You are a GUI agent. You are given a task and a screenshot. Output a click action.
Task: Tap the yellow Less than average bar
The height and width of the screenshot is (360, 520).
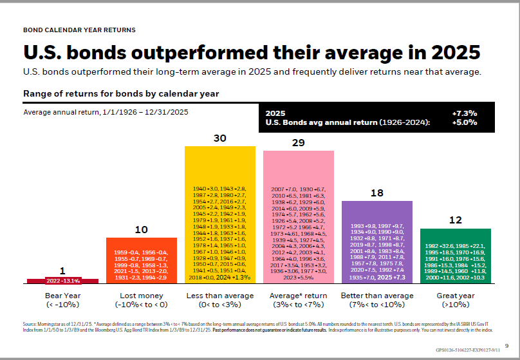coord(219,215)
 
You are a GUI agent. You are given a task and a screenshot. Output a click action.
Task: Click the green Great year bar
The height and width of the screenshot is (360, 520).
coord(455,256)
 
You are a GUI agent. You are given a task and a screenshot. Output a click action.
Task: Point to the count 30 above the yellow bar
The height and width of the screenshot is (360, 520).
coord(219,138)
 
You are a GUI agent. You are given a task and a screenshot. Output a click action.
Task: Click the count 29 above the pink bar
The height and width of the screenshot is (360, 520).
coord(298,142)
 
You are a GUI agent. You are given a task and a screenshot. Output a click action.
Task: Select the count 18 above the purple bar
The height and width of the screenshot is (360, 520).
coord(377,192)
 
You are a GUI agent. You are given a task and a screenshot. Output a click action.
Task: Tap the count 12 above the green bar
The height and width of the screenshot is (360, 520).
coord(455,220)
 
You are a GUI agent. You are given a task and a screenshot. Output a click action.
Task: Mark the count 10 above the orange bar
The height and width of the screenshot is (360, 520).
coord(141,229)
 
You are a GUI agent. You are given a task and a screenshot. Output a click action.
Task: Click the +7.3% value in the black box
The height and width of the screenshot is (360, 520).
coord(465,113)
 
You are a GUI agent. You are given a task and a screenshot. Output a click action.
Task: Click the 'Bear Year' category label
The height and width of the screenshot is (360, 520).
coord(62,295)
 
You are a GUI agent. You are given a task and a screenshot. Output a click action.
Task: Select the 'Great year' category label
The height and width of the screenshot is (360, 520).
coord(455,295)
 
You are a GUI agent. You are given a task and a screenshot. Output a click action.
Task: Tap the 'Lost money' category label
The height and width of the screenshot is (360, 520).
coord(141,295)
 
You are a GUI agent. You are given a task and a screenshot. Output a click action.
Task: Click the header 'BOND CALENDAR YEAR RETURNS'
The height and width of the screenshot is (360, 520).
coord(79,30)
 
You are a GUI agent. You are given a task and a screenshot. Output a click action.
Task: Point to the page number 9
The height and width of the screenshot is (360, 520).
coord(507,345)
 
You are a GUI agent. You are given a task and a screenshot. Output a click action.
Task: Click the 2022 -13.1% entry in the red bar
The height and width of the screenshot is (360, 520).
coord(62,281)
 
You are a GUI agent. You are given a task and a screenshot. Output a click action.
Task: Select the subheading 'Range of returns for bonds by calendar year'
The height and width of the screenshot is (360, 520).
coord(121,94)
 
